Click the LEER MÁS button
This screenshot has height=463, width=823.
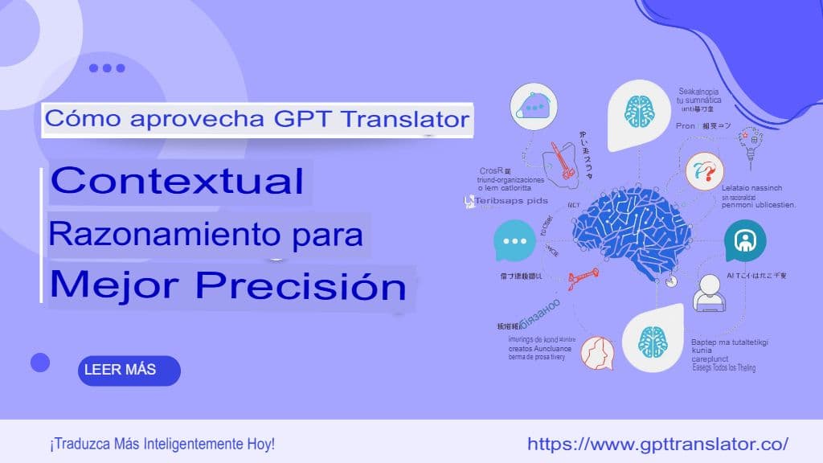pyautogui.click(x=129, y=371)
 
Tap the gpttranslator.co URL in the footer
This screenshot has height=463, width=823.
pyautogui.click(x=657, y=444)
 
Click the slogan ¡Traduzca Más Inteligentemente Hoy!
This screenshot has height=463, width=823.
pyautogui.click(x=162, y=444)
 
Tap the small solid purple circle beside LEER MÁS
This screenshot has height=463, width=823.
pyautogui.click(x=40, y=363)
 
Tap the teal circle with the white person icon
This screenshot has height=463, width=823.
pyautogui.click(x=744, y=240)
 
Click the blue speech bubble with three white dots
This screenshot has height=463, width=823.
pyautogui.click(x=514, y=242)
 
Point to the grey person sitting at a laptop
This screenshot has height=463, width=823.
pyautogui.click(x=710, y=293)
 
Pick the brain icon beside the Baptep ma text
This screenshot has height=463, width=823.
pyautogui.click(x=653, y=342)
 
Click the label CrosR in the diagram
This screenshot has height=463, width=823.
pyautogui.click(x=491, y=171)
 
